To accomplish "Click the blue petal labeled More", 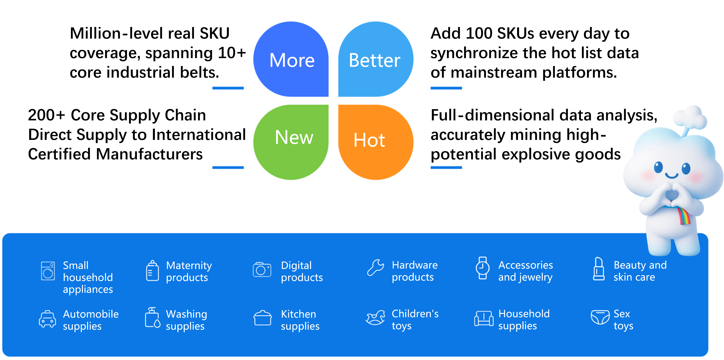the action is [x=291, y=59].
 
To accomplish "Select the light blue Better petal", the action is [x=376, y=59].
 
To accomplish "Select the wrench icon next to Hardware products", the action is [x=375, y=268].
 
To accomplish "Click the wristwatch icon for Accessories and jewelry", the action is [x=483, y=268].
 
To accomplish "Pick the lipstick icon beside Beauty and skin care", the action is [x=599, y=269].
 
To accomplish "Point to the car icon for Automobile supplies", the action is [x=47, y=319].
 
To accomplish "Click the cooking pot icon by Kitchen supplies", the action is [x=262, y=318].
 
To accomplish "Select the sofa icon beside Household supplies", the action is [x=484, y=318].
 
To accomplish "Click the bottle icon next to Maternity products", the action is [x=152, y=271].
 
